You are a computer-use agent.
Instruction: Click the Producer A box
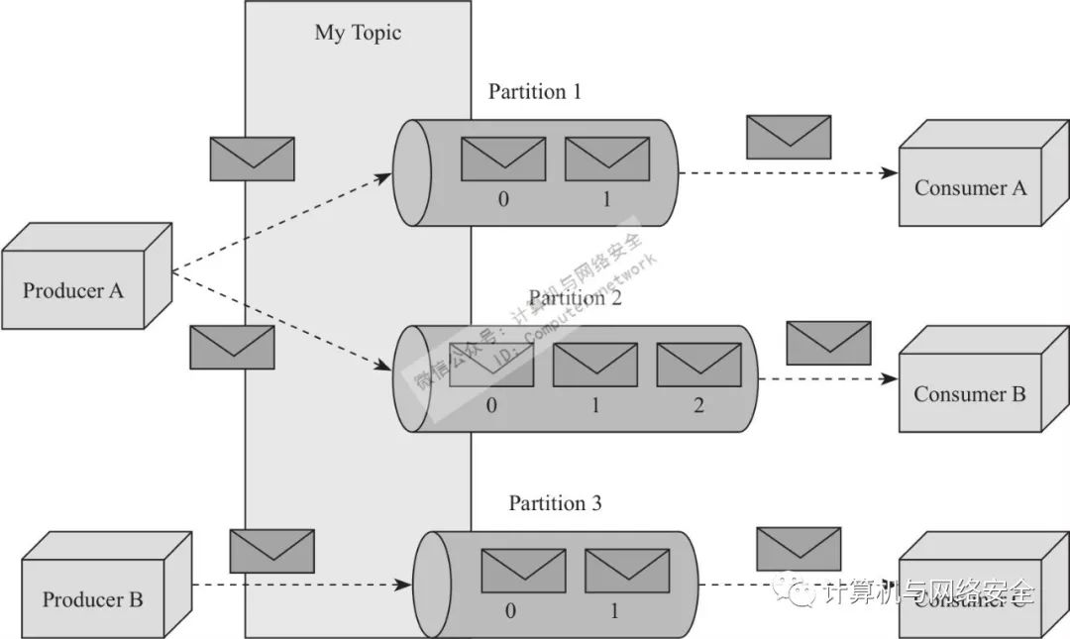point(73,290)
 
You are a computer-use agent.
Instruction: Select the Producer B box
point(93,598)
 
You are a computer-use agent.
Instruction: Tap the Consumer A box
point(970,187)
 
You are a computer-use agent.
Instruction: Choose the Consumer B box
point(970,394)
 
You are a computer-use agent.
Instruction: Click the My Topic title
point(358,33)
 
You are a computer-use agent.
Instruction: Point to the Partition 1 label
point(535,92)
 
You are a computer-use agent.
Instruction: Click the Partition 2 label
point(575,298)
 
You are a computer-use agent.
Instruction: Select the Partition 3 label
point(555,503)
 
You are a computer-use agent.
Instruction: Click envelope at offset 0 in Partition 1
point(503,159)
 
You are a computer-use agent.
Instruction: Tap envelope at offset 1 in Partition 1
point(606,159)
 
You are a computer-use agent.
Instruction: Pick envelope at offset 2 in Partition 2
point(698,364)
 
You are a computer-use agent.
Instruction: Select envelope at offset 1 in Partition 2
point(594,364)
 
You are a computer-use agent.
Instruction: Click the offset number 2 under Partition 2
point(698,405)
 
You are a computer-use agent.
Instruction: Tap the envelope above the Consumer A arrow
point(789,137)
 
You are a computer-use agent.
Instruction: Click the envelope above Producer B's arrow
point(271,551)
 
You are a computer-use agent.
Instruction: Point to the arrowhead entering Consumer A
point(891,172)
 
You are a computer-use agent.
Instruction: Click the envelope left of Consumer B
point(828,343)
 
